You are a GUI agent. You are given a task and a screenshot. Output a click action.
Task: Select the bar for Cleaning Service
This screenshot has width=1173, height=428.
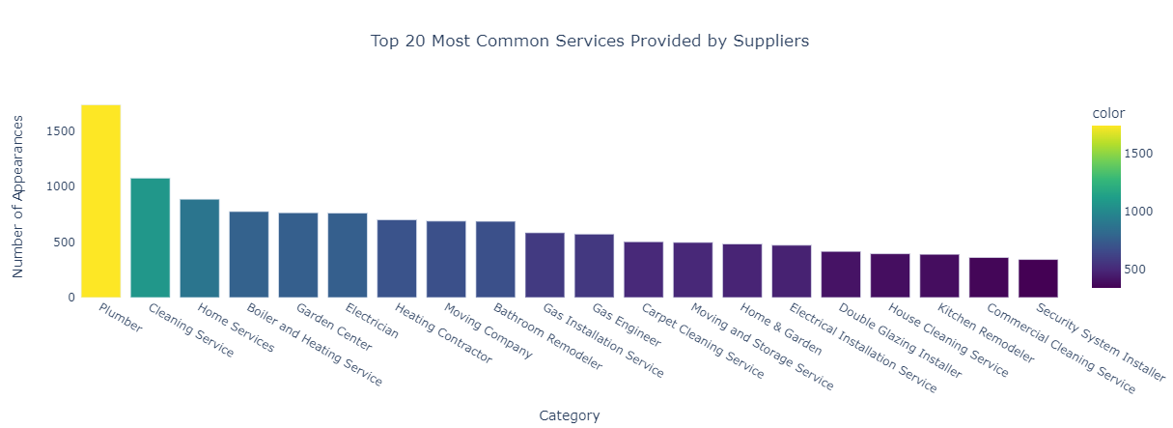[150, 238]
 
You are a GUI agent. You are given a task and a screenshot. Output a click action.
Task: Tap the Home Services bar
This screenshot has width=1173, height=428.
[199, 248]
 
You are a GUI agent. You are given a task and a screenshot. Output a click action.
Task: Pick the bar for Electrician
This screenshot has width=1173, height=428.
[347, 255]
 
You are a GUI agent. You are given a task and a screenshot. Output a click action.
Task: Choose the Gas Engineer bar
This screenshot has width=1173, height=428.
[593, 266]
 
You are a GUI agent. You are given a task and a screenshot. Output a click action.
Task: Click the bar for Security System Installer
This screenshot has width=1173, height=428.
[1037, 278]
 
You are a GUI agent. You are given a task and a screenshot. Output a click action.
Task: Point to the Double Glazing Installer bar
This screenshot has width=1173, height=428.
[840, 274]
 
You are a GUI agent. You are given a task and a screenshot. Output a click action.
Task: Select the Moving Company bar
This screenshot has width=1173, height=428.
[445, 259]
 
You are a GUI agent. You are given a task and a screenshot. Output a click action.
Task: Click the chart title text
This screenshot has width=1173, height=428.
[589, 42]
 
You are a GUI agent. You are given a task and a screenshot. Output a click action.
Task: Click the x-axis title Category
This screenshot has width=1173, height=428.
[569, 415]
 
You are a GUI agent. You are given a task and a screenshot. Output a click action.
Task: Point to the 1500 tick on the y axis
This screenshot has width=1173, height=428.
[60, 130]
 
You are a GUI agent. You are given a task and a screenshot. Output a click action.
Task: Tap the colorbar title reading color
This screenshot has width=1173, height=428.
[1108, 113]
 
